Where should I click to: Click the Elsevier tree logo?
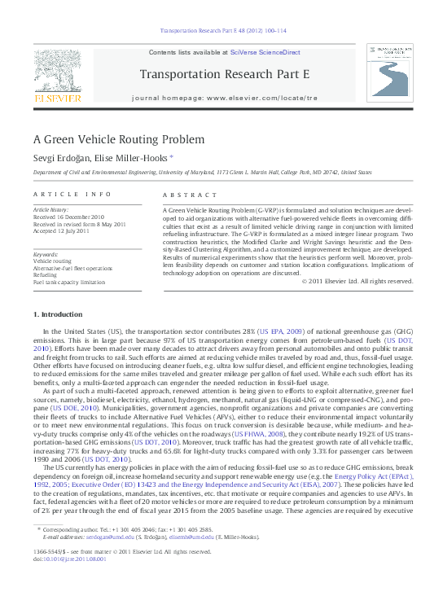[57, 72]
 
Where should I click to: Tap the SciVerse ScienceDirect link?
[265, 52]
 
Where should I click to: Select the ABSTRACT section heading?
[187, 195]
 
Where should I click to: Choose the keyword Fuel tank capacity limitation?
[69, 283]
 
